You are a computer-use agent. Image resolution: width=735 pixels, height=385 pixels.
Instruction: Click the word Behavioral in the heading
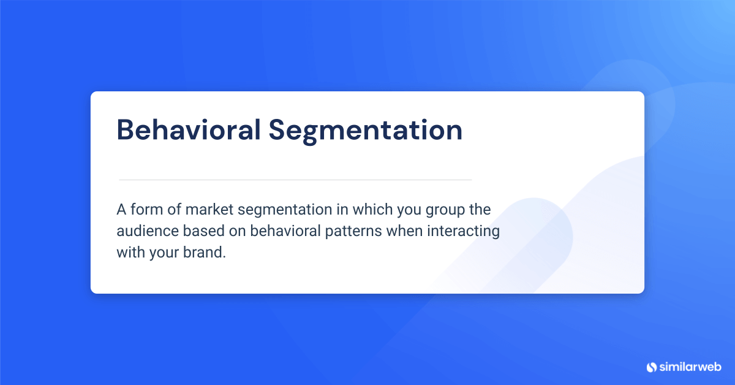[x=188, y=130]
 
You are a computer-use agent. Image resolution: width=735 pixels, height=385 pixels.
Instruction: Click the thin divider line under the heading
[x=295, y=180]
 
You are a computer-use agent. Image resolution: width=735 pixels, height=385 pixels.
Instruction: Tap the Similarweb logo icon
[x=651, y=367]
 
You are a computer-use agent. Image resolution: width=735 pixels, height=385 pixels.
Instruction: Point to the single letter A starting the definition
[x=121, y=210]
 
